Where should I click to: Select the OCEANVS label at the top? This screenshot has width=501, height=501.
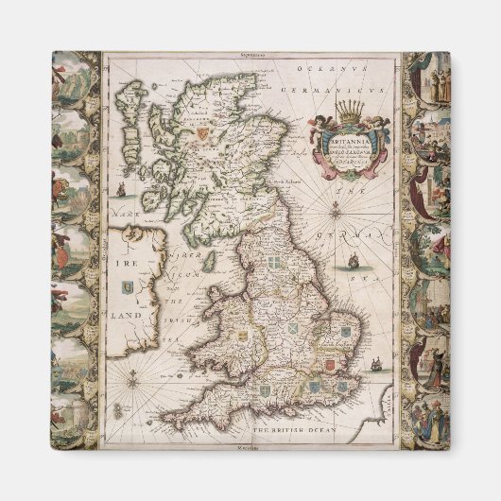pyautogui.click(x=319, y=69)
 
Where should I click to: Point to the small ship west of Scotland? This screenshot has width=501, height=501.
pyautogui.click(x=122, y=188)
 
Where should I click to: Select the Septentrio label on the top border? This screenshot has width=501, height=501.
pyautogui.click(x=254, y=58)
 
